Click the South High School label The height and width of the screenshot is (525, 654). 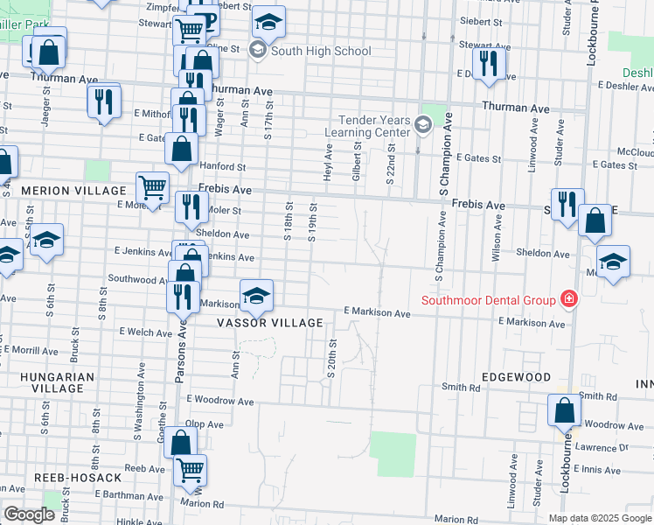click(x=321, y=51)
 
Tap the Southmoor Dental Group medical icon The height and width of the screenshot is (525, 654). click(x=569, y=300)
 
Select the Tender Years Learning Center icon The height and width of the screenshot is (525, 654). click(x=424, y=125)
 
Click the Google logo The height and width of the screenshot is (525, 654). click(x=29, y=514)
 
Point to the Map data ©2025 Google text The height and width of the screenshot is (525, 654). click(x=599, y=518)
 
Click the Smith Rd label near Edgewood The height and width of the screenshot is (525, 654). click(x=462, y=387)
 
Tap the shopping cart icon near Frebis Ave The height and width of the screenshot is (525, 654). click(x=152, y=186)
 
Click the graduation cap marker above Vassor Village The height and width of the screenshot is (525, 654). click(x=256, y=295)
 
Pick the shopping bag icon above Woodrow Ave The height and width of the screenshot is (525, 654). click(x=565, y=409)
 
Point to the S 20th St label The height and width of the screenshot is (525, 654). click(x=331, y=360)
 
